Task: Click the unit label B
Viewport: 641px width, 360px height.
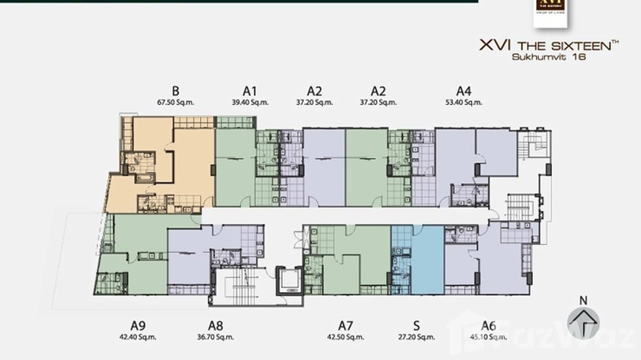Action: coord(175,91)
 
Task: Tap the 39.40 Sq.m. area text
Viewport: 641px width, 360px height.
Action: coord(250,102)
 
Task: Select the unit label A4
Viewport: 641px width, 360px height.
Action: coord(464,91)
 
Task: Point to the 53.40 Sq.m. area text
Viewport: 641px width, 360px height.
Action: coord(464,102)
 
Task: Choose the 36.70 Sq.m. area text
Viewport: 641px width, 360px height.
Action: coord(215,337)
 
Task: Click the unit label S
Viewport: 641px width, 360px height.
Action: coord(417,326)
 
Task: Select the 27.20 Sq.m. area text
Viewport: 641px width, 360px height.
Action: coord(417,337)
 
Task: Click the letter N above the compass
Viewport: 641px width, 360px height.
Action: coord(583,300)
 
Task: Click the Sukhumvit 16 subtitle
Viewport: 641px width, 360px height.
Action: coord(548,56)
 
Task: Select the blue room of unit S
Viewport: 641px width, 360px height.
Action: coord(427,260)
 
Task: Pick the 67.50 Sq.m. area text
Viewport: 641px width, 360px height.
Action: coord(175,102)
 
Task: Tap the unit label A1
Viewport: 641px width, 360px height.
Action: coord(250,91)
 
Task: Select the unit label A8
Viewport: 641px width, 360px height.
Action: coord(215,326)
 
